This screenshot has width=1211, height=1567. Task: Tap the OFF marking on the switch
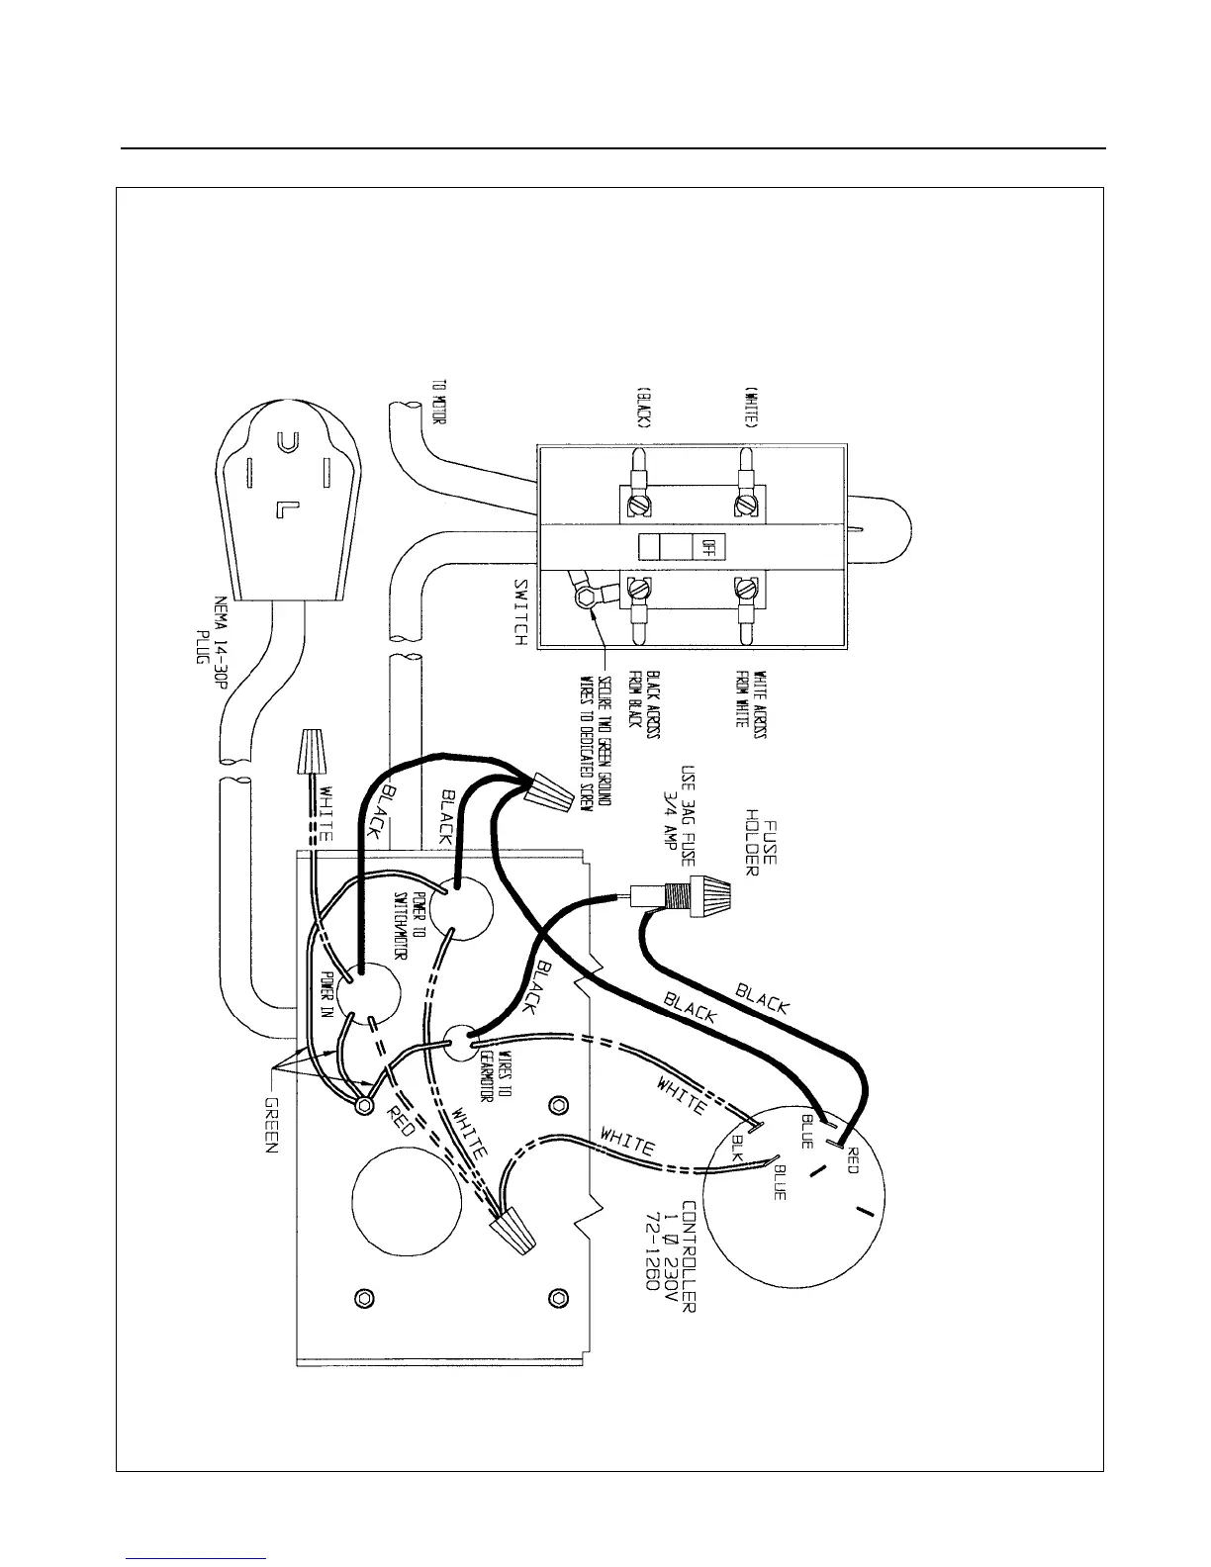pyautogui.click(x=705, y=546)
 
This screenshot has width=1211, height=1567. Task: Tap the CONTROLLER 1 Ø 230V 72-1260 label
pyautogui.click(x=674, y=1256)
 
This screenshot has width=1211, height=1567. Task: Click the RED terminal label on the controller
pyautogui.click(x=852, y=1153)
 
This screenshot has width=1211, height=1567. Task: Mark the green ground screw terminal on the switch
pyautogui.click(x=587, y=594)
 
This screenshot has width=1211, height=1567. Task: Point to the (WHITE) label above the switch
pyautogui.click(x=751, y=406)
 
